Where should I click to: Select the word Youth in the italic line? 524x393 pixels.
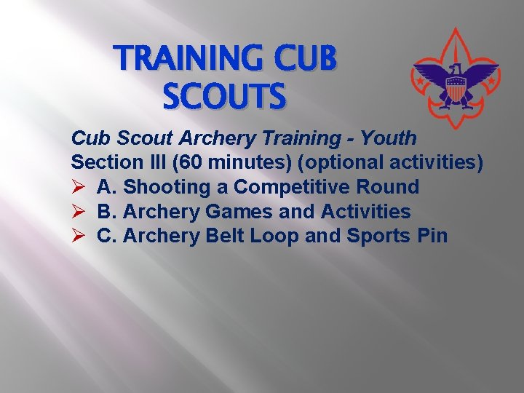tap(391, 138)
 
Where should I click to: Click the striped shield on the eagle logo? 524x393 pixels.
tap(455, 90)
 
